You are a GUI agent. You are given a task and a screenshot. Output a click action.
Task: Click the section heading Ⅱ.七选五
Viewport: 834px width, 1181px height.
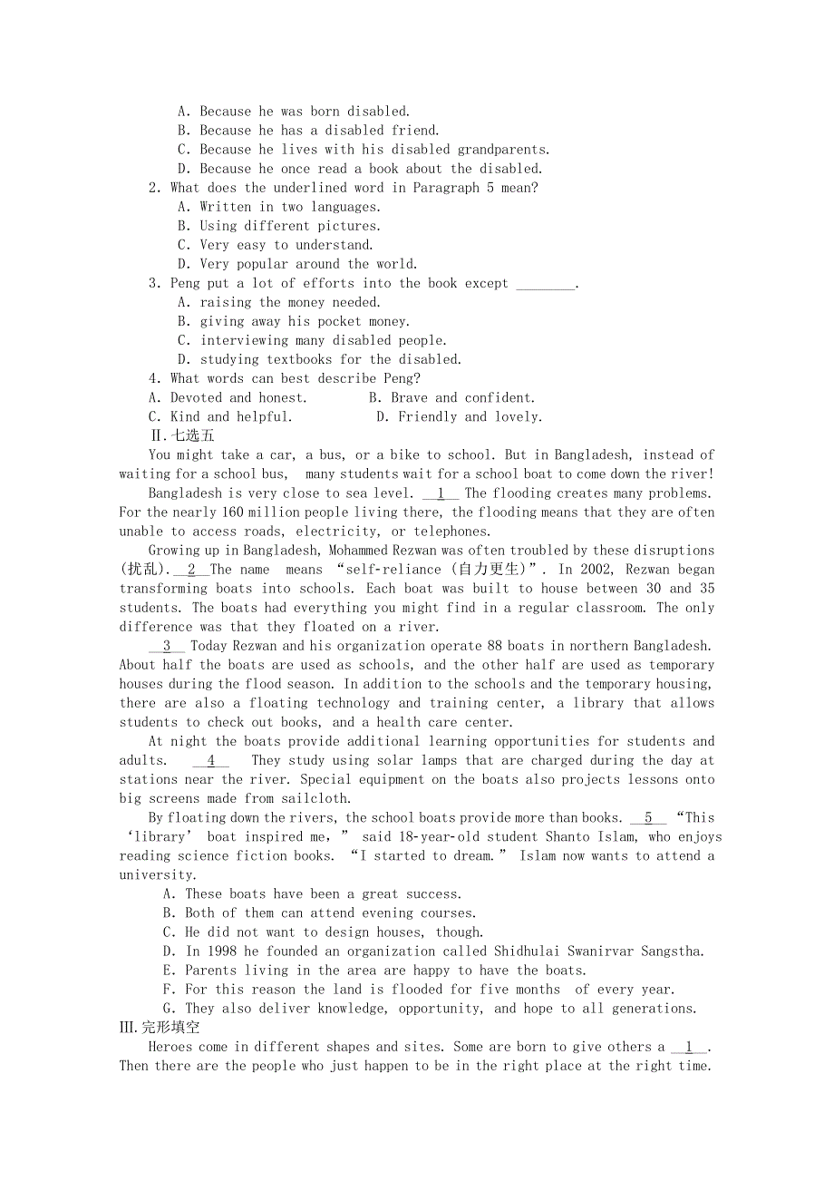[182, 435]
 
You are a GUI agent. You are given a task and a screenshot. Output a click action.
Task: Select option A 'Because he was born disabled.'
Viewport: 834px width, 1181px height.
[294, 112]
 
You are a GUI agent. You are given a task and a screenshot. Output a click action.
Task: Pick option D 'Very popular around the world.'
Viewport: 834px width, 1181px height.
[297, 264]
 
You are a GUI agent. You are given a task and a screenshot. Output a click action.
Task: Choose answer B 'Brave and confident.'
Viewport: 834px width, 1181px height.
[452, 397]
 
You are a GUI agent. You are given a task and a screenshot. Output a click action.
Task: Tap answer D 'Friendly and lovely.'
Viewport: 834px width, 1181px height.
[459, 416]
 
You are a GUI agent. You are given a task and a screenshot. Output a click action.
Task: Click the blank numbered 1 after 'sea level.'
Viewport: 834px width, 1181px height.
[441, 493]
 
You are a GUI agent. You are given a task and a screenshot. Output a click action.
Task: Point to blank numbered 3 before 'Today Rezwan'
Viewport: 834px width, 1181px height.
[167, 646]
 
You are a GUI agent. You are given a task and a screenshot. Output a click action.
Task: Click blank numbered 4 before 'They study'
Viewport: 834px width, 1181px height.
[210, 760]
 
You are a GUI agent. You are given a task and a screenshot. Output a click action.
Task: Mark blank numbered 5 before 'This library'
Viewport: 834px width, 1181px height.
[648, 817]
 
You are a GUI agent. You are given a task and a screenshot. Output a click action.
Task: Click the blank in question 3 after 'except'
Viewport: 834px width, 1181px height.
[545, 284]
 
